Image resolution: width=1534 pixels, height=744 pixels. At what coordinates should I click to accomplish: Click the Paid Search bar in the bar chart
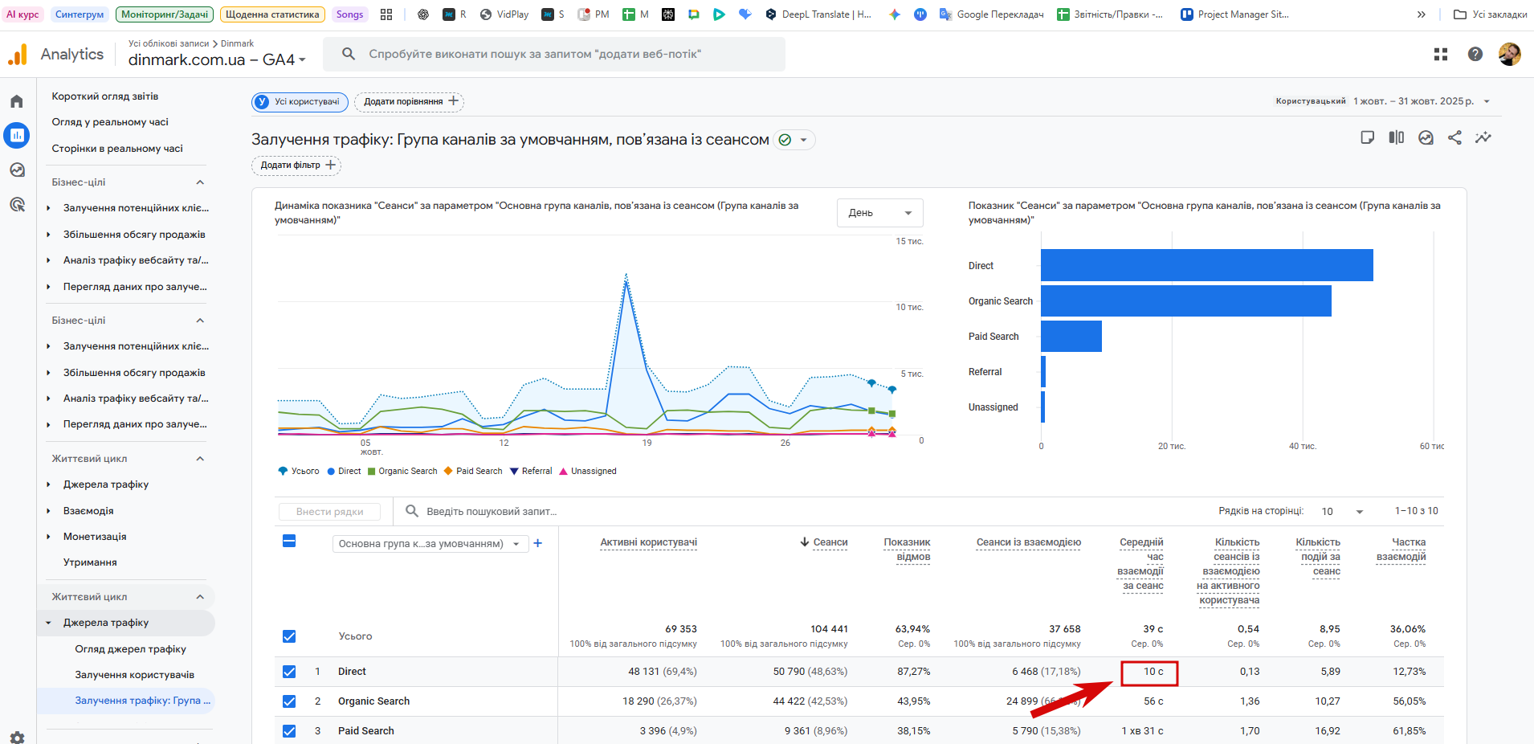pyautogui.click(x=1071, y=336)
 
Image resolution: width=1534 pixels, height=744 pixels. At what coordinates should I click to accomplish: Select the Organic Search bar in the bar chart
pyautogui.click(x=1185, y=300)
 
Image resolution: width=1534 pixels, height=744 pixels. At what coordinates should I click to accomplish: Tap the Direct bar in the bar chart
pyautogui.click(x=1206, y=265)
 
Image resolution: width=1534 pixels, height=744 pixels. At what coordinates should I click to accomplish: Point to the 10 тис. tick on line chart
pyautogui.click(x=909, y=307)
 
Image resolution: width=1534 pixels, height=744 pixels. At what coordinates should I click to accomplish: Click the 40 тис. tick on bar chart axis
pyautogui.click(x=1302, y=446)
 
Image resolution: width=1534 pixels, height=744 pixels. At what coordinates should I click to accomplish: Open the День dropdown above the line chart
pyautogui.click(x=879, y=213)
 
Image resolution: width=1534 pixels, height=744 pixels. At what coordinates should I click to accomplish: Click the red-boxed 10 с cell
pyautogui.click(x=1149, y=672)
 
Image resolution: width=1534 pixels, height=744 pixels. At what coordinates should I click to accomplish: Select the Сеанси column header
pyautogui.click(x=830, y=542)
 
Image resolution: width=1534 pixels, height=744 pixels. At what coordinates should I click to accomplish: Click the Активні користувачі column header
pyautogui.click(x=648, y=542)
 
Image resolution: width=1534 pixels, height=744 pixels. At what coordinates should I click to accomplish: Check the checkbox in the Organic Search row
pyautogui.click(x=289, y=701)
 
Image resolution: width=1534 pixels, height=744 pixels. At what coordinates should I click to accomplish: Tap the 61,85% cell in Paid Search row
pyautogui.click(x=1409, y=731)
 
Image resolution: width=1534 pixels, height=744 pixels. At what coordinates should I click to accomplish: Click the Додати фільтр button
pyautogui.click(x=296, y=166)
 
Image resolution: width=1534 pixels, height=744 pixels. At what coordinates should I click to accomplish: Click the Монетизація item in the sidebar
pyautogui.click(x=95, y=537)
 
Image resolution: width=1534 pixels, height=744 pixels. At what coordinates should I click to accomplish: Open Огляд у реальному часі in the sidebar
pyautogui.click(x=110, y=122)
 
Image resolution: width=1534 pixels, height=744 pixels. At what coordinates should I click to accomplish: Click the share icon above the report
pyautogui.click(x=1454, y=137)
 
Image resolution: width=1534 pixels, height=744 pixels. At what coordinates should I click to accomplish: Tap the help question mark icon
pyautogui.click(x=1475, y=54)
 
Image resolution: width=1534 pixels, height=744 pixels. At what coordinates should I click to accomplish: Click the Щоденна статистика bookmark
pyautogui.click(x=272, y=14)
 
